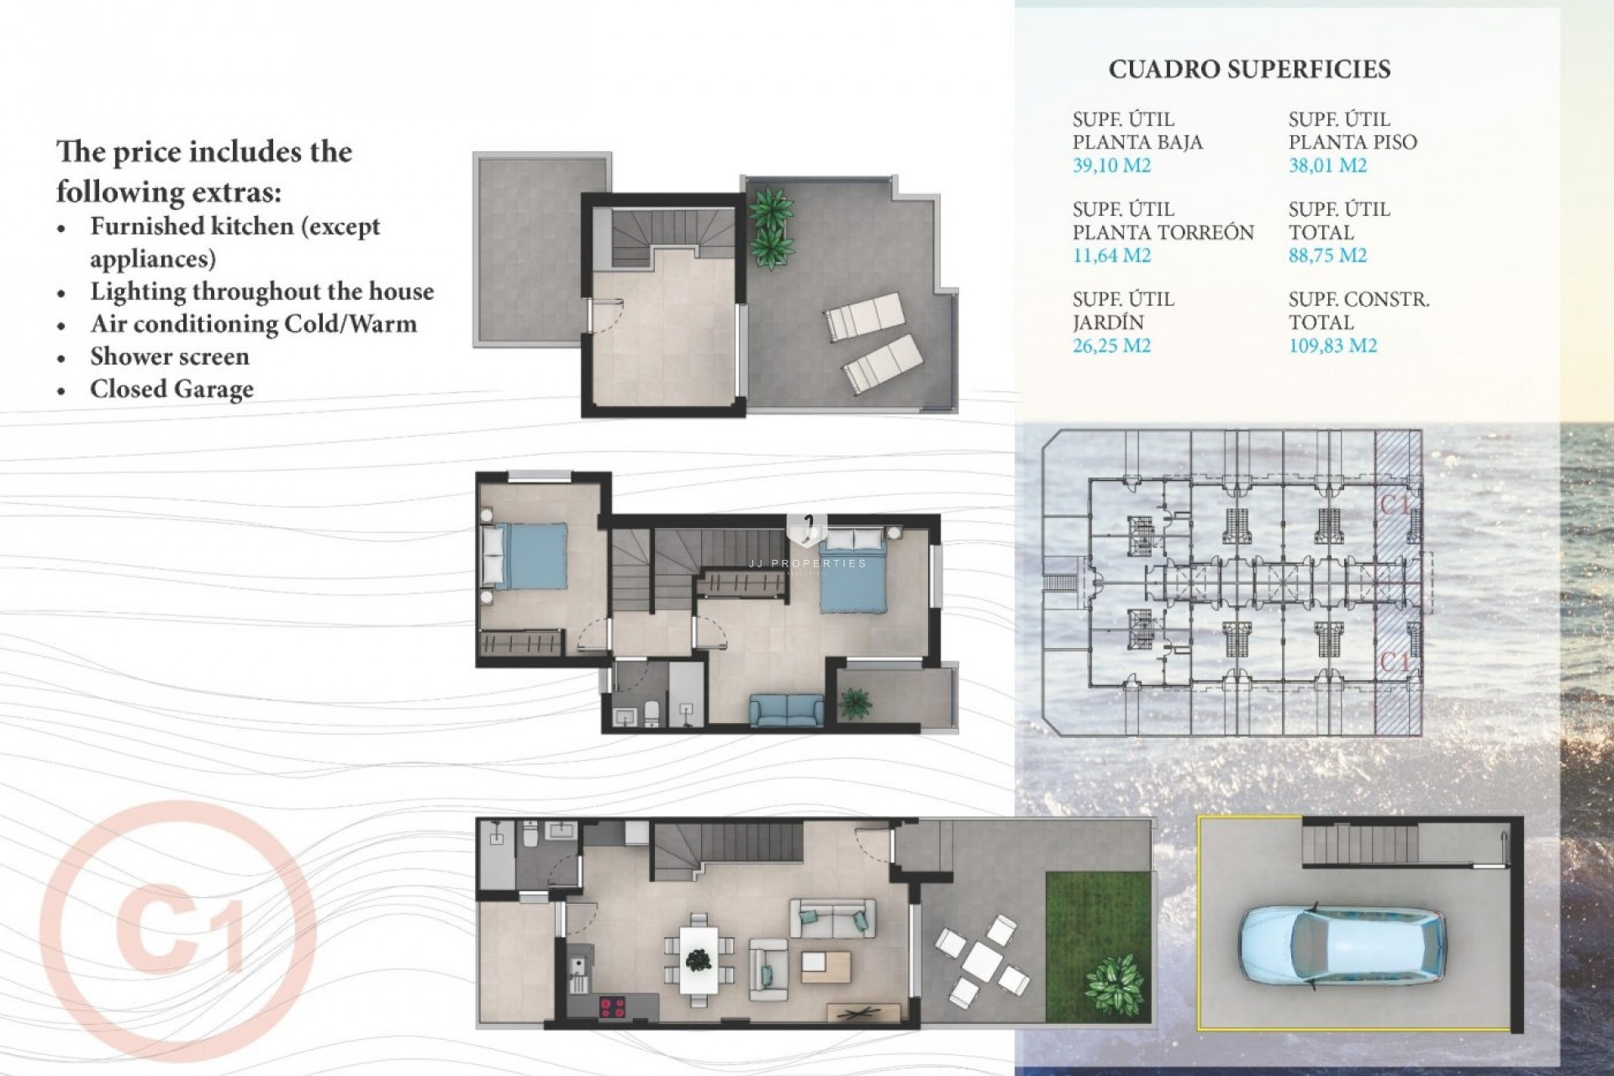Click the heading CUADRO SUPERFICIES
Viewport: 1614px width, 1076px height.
pyautogui.click(x=1249, y=69)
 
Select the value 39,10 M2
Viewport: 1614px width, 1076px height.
pyautogui.click(x=1111, y=166)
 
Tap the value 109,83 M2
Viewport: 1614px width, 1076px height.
pyautogui.click(x=1332, y=345)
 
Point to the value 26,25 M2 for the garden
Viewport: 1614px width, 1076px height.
pyautogui.click(x=1111, y=345)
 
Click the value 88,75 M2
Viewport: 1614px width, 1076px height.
pyautogui.click(x=1327, y=256)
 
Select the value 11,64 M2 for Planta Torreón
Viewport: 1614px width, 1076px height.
pyautogui.click(x=1111, y=256)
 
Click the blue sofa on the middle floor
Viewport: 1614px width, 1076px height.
pyautogui.click(x=787, y=710)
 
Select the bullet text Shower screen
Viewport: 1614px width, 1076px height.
pyautogui.click(x=170, y=356)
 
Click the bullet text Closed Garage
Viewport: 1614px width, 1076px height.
pyautogui.click(x=171, y=389)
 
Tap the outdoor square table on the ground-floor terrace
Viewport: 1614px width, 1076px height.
pyautogui.click(x=981, y=957)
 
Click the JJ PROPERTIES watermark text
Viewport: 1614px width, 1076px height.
pyautogui.click(x=807, y=563)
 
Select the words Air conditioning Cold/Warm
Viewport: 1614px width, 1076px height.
pyautogui.click(x=253, y=324)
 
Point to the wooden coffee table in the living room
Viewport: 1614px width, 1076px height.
pyautogui.click(x=826, y=967)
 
